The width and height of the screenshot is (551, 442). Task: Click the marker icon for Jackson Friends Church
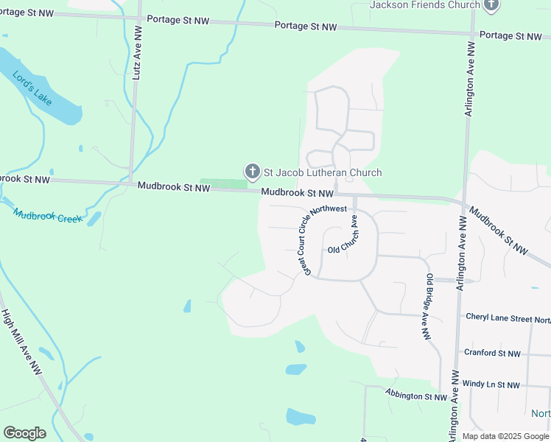coord(492,4)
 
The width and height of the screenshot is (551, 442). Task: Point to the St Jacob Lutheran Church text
coord(323,172)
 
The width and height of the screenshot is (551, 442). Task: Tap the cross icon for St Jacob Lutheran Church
coord(252,172)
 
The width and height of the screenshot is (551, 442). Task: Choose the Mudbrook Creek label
coord(47,216)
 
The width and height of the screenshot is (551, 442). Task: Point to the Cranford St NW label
coord(492,353)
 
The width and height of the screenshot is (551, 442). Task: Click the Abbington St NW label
coord(416,396)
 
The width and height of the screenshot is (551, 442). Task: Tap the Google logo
coord(24,433)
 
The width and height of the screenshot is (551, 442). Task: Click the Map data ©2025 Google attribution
coord(505,436)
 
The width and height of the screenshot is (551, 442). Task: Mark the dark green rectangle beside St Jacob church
coord(223,183)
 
